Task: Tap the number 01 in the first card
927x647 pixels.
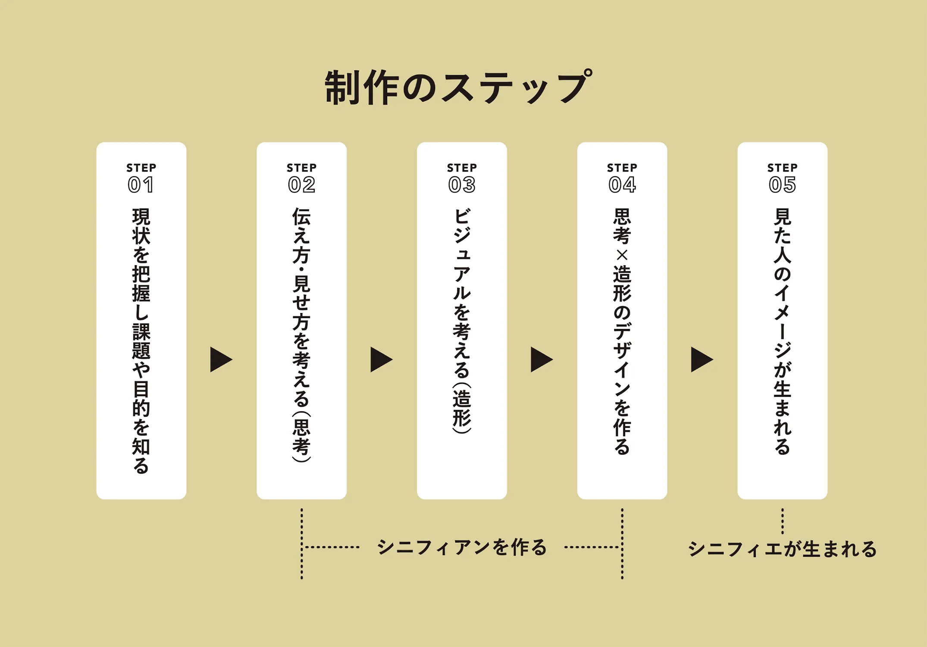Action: click(141, 185)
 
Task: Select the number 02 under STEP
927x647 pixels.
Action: click(301, 185)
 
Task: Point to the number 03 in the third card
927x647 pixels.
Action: click(462, 185)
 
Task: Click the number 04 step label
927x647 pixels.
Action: click(622, 185)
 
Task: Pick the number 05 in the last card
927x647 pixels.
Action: click(782, 185)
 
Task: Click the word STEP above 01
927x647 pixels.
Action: click(141, 168)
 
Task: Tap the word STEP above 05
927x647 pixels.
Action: click(782, 168)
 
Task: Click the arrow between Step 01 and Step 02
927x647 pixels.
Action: click(221, 359)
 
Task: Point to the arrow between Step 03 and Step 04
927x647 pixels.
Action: click(541, 359)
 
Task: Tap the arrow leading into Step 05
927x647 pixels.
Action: click(702, 359)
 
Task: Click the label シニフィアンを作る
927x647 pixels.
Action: click(462, 547)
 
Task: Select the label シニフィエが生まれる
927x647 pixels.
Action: click(782, 549)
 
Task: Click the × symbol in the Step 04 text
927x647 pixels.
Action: click(622, 256)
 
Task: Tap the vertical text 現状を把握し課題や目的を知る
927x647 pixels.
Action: click(141, 341)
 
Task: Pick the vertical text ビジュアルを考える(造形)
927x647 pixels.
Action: click(462, 321)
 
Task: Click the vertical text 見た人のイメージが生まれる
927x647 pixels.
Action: click(782, 331)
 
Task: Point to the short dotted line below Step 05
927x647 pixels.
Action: click(782, 521)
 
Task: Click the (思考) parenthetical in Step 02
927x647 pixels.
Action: click(301, 437)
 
